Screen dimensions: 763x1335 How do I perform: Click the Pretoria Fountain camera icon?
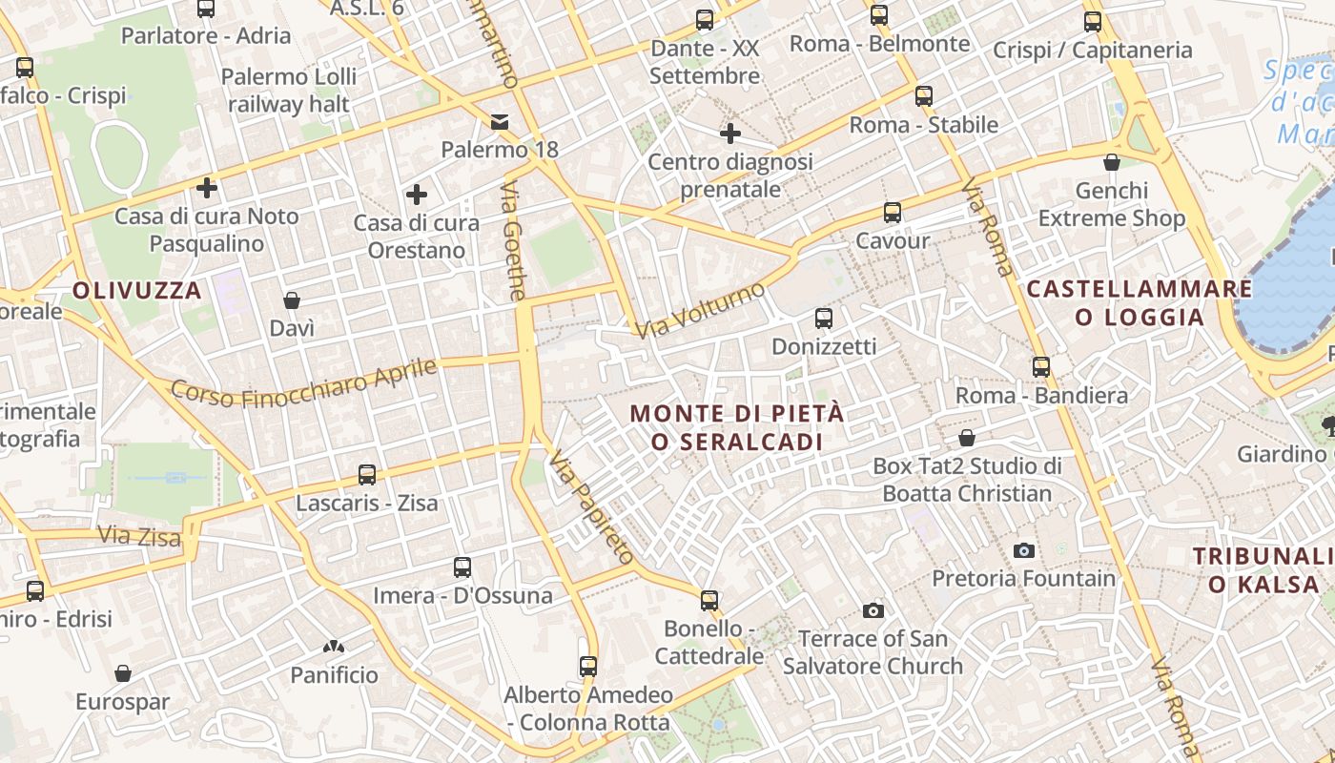coord(1024,550)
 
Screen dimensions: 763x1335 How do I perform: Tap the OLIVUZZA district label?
coord(137,291)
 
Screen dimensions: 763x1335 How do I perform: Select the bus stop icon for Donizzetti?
coord(824,318)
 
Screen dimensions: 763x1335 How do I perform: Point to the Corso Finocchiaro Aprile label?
coord(303,382)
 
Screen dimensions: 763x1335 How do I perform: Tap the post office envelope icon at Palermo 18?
coord(500,121)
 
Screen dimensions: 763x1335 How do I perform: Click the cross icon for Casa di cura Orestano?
coord(417,195)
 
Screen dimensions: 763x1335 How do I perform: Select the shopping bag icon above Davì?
coord(292,300)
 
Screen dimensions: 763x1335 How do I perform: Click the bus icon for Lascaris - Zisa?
coord(367,474)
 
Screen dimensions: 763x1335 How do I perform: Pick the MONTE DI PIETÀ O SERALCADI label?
coord(737,427)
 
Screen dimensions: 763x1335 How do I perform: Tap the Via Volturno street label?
coord(701,310)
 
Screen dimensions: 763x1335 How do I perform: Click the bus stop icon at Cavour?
coord(893,213)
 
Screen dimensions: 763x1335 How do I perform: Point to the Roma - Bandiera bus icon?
coord(1041,366)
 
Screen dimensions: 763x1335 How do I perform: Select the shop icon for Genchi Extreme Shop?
coord(1112,162)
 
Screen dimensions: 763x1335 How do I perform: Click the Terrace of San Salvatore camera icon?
coord(873,610)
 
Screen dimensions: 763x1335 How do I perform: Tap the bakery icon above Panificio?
coord(334,647)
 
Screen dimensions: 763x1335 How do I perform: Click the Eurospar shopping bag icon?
coord(123,673)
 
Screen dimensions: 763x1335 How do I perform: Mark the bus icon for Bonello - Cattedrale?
coord(709,600)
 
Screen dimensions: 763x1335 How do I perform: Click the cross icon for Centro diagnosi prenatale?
coord(730,134)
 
